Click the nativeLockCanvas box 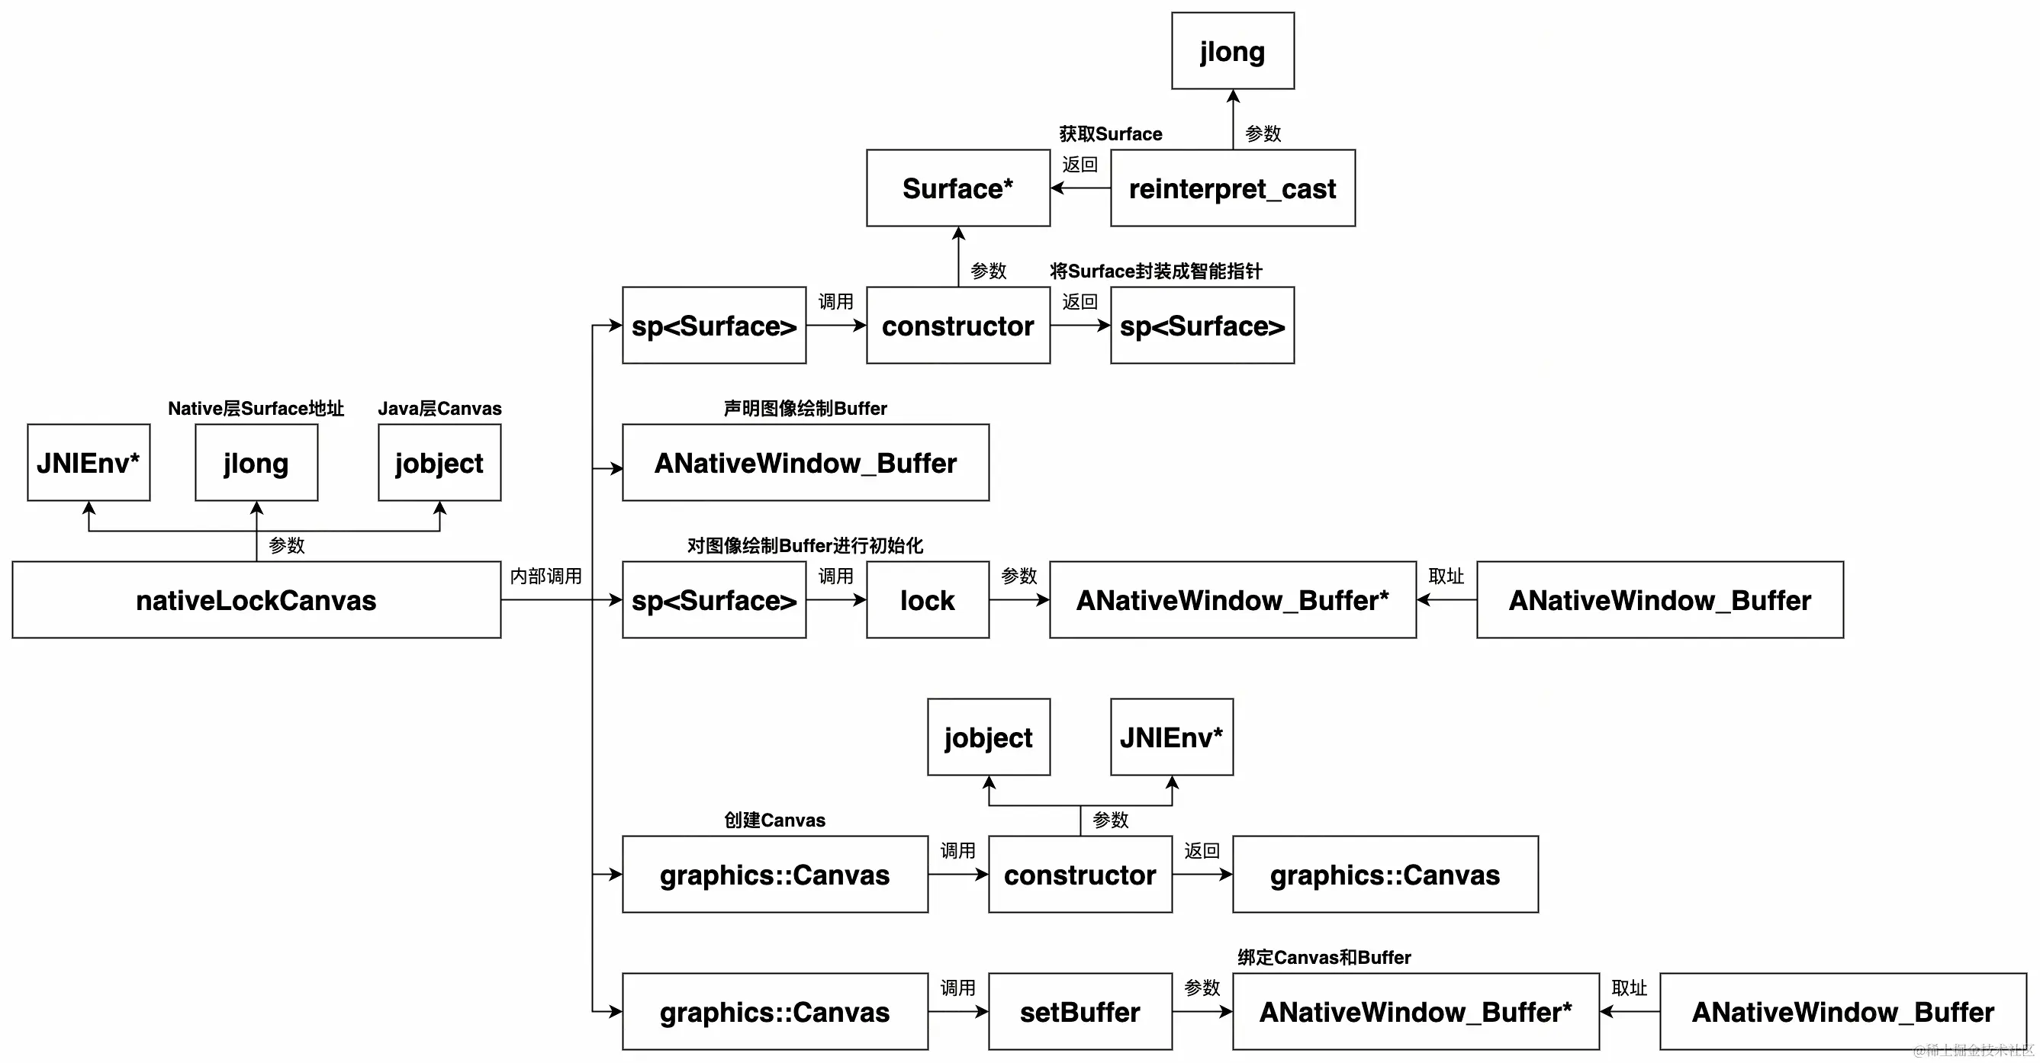256,600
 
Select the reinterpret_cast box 1232,188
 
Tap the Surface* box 957,188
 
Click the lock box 928,600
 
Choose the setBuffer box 1080,1012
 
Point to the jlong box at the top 1232,51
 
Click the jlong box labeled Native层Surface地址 256,463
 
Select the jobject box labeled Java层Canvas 439,463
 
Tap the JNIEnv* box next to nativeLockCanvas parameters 88,463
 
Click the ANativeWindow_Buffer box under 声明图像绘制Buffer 806,463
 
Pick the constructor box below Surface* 957,326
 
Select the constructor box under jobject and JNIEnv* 1080,875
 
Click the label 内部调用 545,576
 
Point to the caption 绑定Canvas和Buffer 1324,958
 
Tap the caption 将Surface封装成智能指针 1156,271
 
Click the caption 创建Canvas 774,820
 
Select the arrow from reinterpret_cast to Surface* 1080,188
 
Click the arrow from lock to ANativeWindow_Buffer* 1019,600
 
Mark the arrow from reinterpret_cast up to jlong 1233,119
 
